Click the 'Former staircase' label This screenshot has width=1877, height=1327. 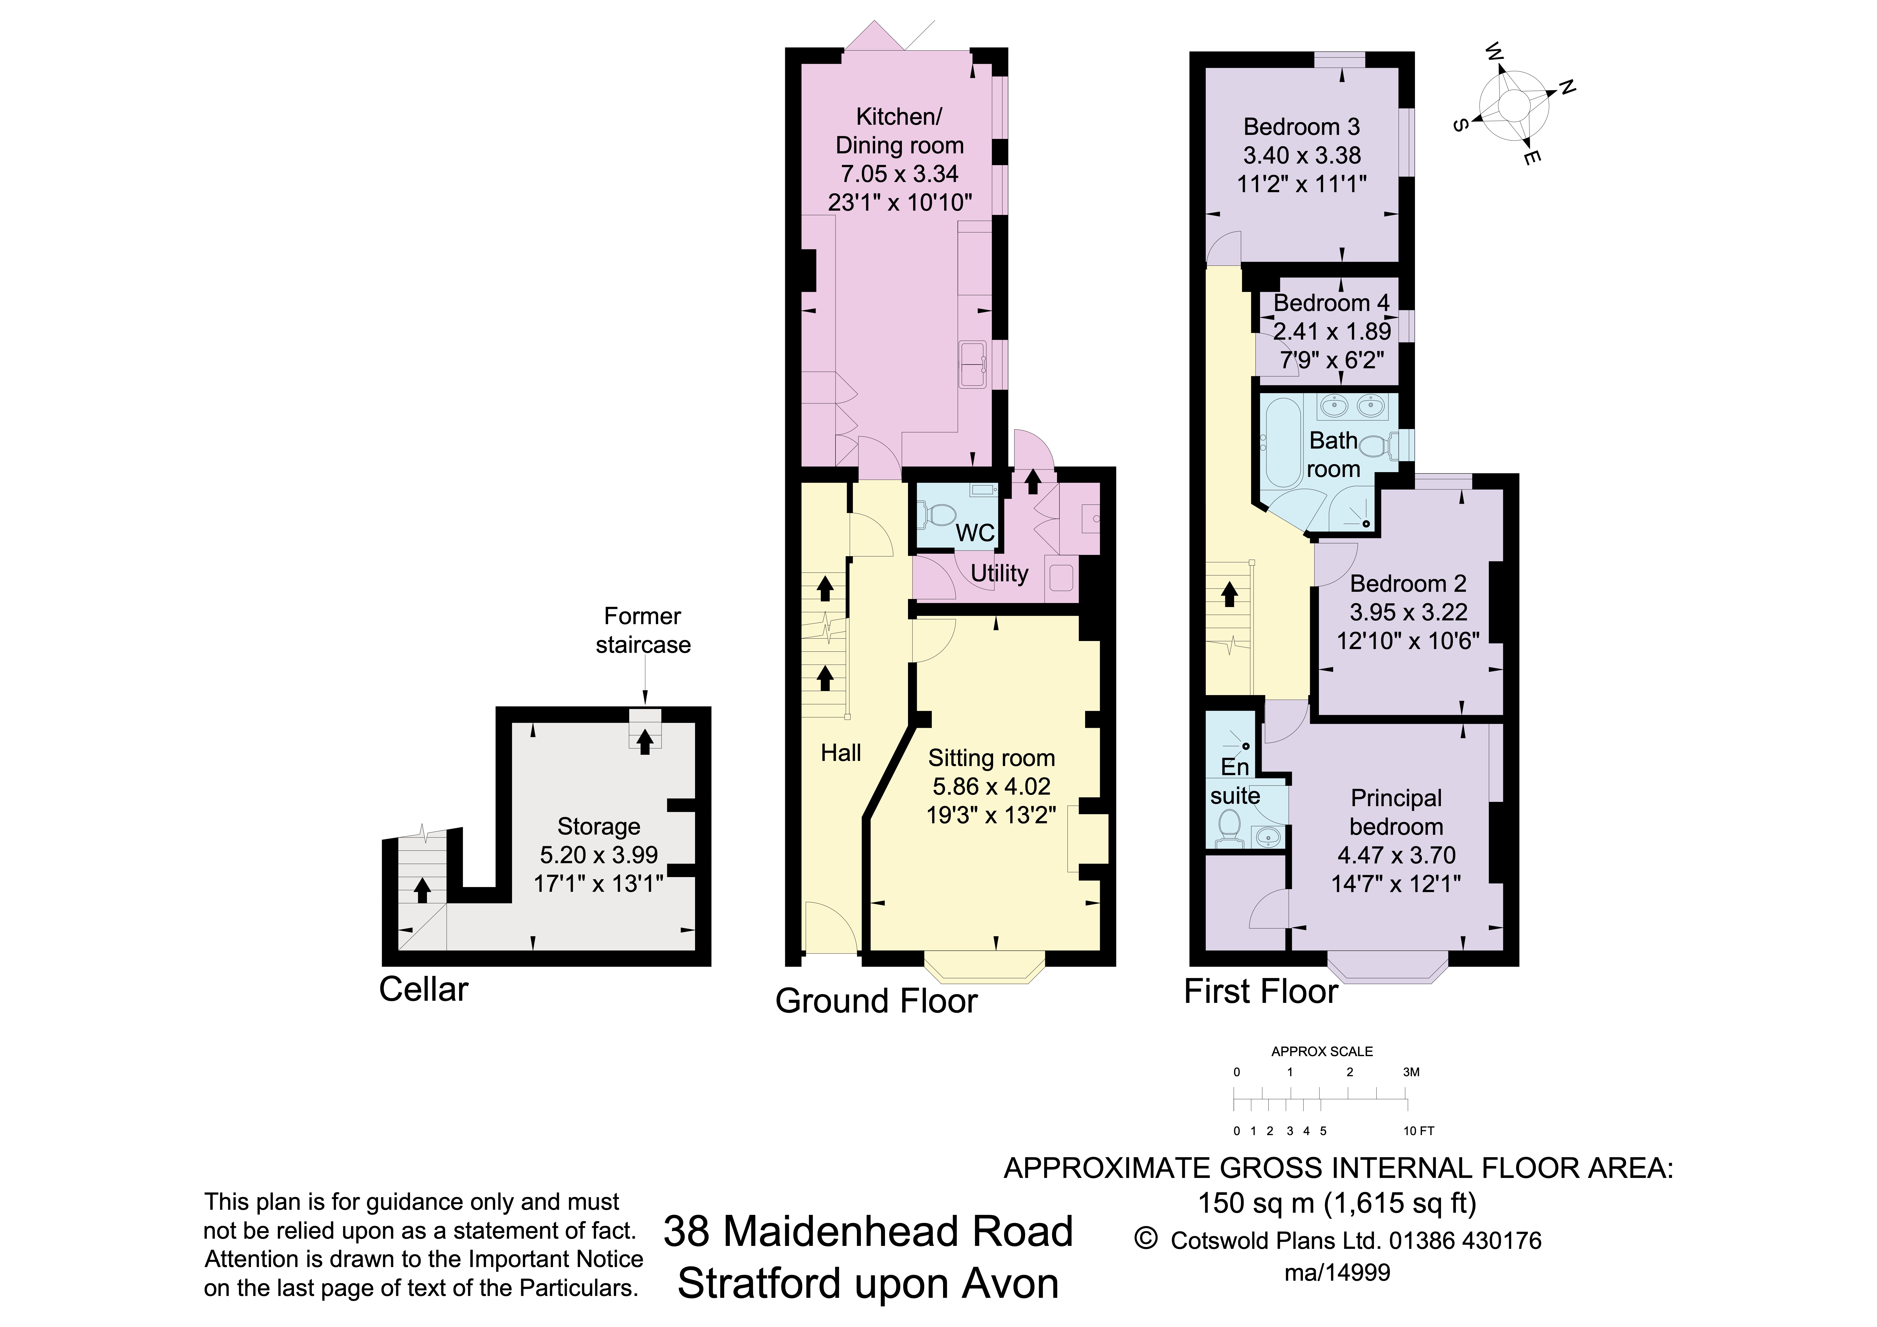click(643, 630)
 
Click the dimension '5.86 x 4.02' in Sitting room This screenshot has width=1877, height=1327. click(991, 787)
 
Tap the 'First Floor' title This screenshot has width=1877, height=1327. click(1261, 992)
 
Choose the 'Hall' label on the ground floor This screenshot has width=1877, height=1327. click(840, 753)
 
